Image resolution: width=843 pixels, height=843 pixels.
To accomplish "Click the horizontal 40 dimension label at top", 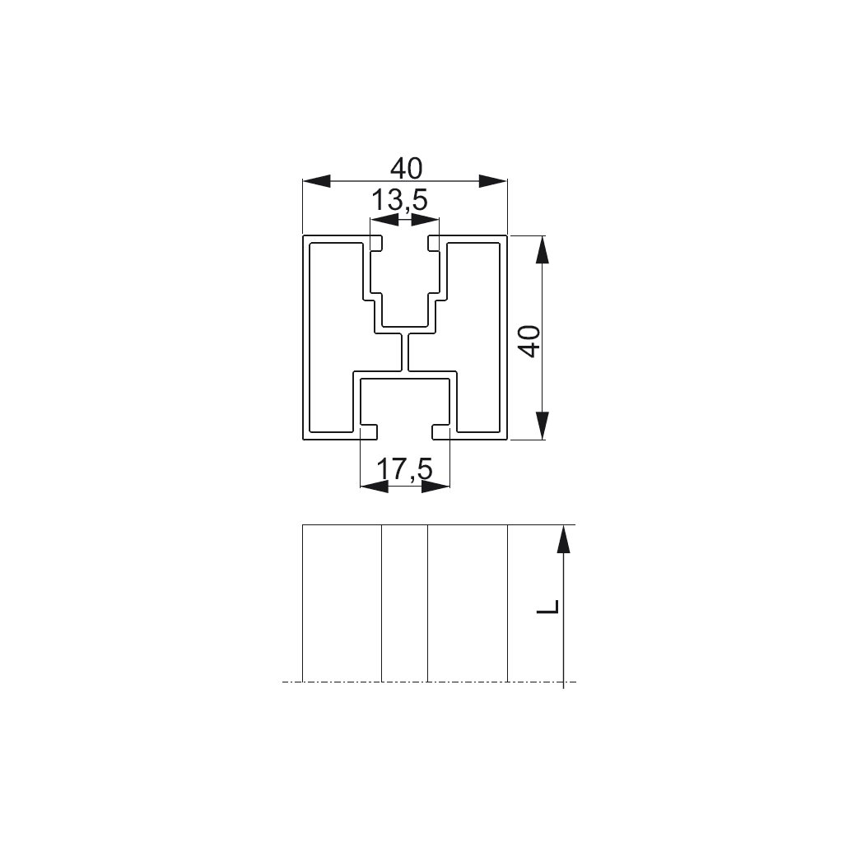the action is (407, 169).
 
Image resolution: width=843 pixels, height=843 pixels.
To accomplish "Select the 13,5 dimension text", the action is (399, 201).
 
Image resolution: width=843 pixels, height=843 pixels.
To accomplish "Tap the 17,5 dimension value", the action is (404, 469).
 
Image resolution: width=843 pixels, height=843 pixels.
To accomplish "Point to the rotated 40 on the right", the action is (530, 341).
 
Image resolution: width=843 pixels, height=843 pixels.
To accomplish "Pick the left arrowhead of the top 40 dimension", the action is (316, 181).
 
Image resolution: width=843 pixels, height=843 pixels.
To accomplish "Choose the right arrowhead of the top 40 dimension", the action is (493, 181).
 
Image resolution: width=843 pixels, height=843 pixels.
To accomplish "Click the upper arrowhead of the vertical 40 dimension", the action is (543, 250).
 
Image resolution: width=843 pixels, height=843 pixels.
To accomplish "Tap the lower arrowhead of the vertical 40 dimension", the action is (543, 426).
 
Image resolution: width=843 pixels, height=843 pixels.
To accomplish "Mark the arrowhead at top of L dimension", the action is (563, 538).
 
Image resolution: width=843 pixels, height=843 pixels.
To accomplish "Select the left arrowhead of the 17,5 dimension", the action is (375, 487).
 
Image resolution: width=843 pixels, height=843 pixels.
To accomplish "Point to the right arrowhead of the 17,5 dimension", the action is (435, 487).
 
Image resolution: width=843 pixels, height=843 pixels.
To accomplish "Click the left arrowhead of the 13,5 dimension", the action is (384, 219).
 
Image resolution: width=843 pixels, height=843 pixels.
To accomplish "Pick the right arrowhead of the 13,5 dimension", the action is (426, 219).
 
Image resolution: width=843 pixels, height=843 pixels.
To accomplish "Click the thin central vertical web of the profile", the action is (405, 352).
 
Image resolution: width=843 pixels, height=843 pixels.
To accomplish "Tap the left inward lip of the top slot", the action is (375, 244).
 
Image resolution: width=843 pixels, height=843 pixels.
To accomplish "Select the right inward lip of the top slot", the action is (435, 244).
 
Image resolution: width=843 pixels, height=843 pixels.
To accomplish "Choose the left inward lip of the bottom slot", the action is (369, 432).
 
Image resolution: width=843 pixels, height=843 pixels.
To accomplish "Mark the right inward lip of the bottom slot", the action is (441, 432).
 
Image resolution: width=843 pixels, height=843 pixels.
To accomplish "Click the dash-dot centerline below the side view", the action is (429, 682).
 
